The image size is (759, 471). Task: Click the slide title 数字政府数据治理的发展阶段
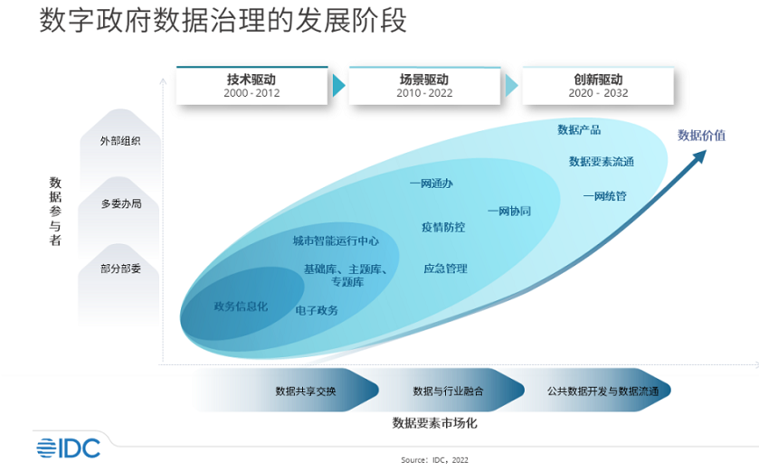tap(223, 22)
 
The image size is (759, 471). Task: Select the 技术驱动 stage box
tap(252, 85)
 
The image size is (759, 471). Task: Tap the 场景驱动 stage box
tap(423, 85)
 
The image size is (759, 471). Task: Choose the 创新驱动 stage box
tap(598, 85)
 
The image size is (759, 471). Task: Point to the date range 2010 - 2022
tap(423, 93)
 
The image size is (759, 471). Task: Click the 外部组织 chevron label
tap(120, 141)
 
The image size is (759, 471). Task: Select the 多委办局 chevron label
tap(120, 203)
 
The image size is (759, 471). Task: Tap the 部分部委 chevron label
tap(120, 268)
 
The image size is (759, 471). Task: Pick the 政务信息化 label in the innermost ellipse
tap(241, 306)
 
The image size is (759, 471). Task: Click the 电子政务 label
tap(317, 310)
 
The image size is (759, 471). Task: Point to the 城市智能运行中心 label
tap(336, 241)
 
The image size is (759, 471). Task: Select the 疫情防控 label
tap(443, 227)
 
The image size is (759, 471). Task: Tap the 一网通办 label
tap(431, 184)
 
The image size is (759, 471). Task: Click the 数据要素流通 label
tap(602, 162)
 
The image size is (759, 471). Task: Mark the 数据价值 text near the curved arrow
tap(701, 136)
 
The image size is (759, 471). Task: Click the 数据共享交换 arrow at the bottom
tap(306, 391)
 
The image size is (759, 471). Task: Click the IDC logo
tap(68, 447)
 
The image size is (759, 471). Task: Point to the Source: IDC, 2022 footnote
tap(434, 460)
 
